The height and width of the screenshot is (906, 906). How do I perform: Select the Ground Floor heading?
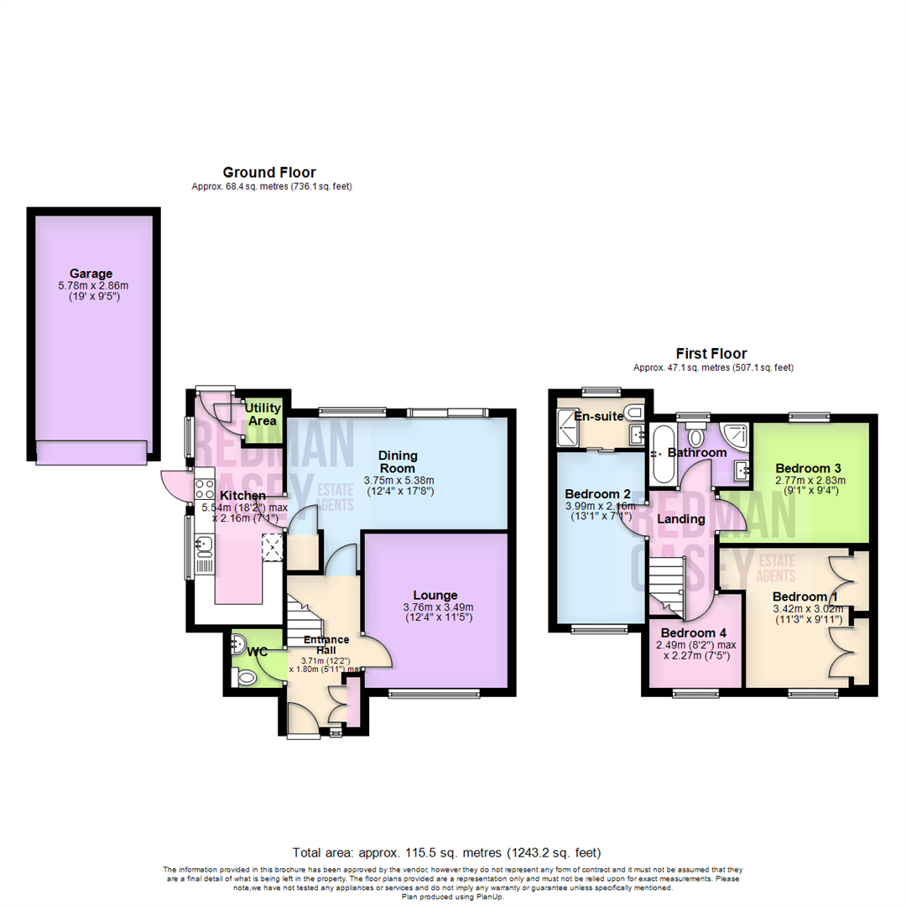coord(269,172)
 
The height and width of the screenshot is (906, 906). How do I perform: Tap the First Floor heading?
coord(711,353)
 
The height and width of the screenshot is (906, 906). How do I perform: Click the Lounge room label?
coord(435,595)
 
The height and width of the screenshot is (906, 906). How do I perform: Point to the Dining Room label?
coord(398,462)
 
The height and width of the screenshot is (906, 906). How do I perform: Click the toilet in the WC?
coord(244,676)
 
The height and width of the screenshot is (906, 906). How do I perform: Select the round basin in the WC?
coord(238,644)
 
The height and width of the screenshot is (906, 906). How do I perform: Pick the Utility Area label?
coord(263,414)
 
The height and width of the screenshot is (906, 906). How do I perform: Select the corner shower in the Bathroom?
coord(736,435)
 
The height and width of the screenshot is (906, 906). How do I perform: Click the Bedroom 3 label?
coord(808,467)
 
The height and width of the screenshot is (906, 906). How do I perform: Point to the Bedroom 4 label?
coord(694,632)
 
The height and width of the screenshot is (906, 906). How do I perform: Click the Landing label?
coord(680,519)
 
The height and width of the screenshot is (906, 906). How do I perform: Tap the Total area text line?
coord(446,851)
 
